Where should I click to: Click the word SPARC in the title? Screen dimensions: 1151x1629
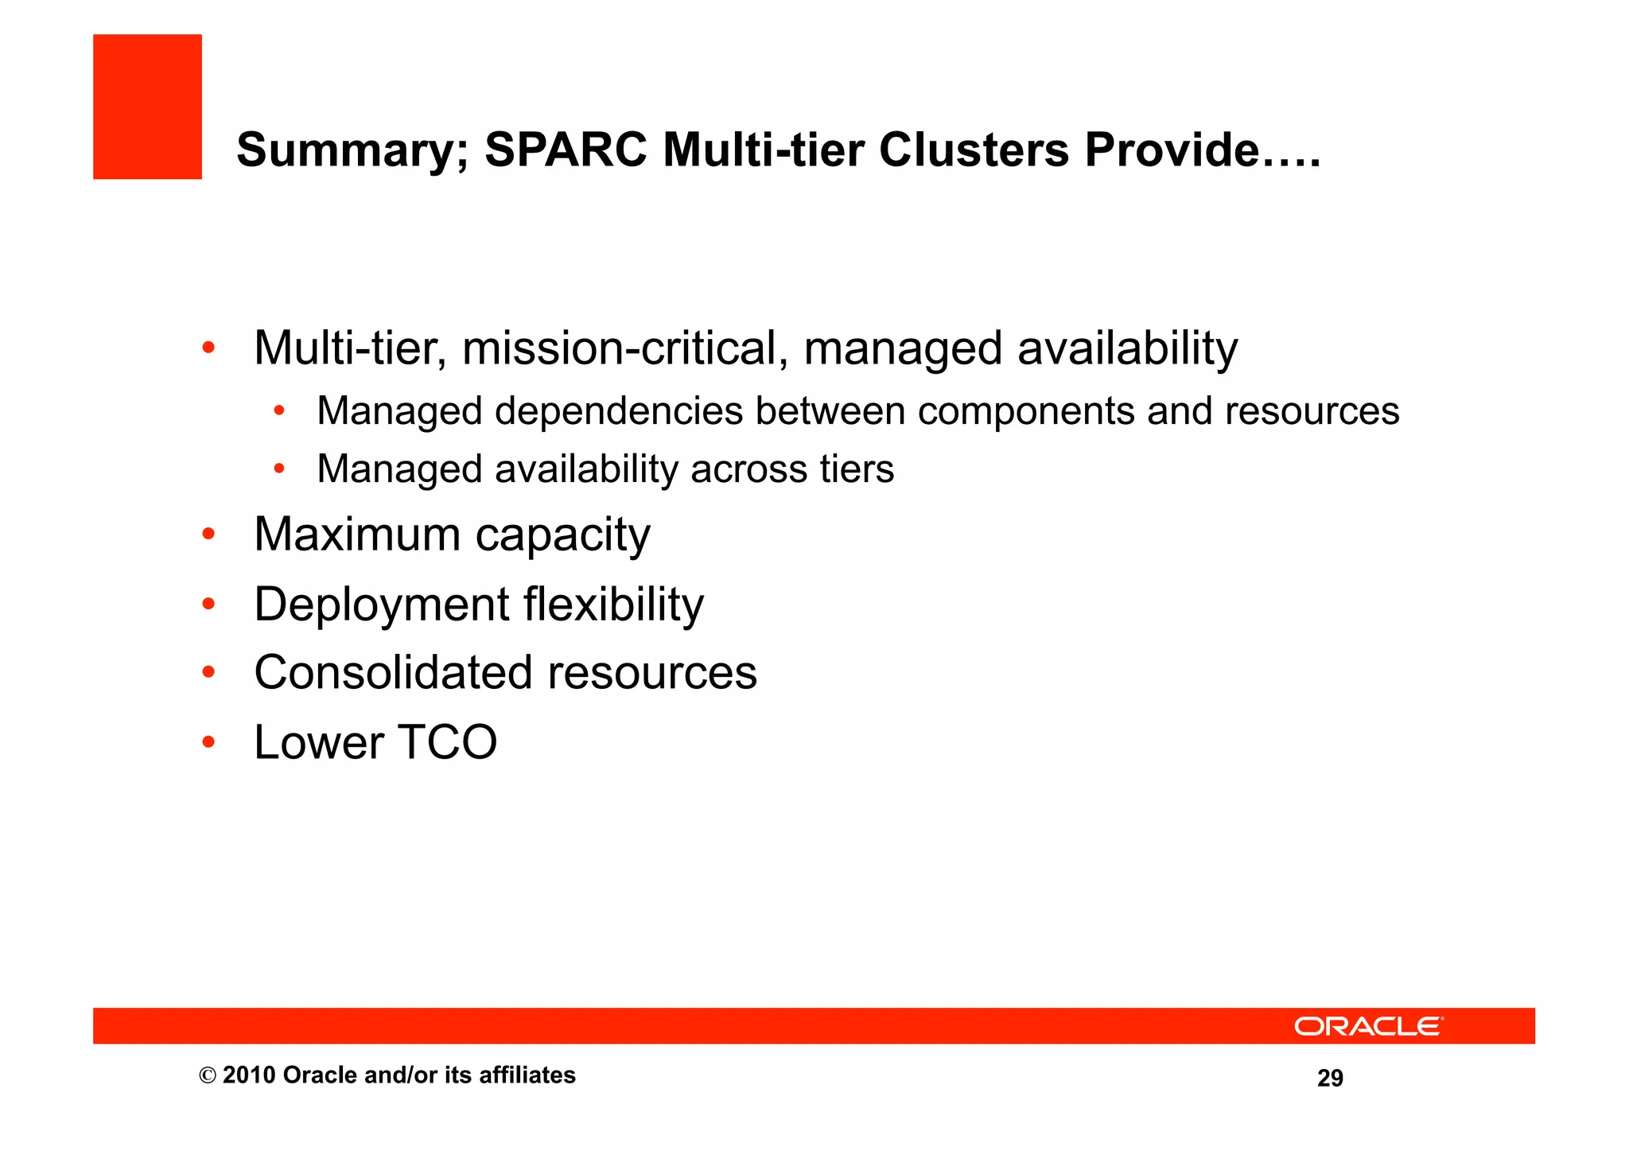click(x=566, y=150)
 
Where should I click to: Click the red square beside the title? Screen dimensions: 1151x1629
click(x=147, y=107)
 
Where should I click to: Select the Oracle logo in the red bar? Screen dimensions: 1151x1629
click(x=1368, y=1026)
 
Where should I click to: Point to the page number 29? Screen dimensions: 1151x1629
click(x=1330, y=1078)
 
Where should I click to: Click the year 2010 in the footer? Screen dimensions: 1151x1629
click(x=249, y=1075)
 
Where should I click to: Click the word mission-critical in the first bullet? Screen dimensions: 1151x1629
click(x=625, y=348)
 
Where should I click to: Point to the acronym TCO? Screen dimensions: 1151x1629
click(x=447, y=743)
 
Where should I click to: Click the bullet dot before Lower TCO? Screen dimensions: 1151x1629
click(x=208, y=742)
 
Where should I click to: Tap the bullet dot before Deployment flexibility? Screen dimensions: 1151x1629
click(x=208, y=605)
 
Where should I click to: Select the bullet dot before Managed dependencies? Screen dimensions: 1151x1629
click(x=279, y=411)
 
